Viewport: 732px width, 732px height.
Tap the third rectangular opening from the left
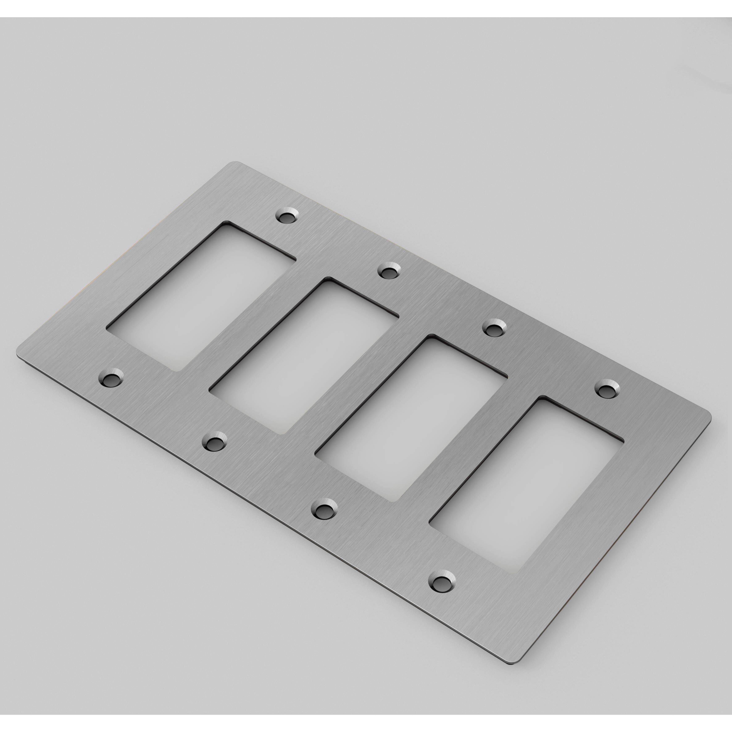coord(411,419)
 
